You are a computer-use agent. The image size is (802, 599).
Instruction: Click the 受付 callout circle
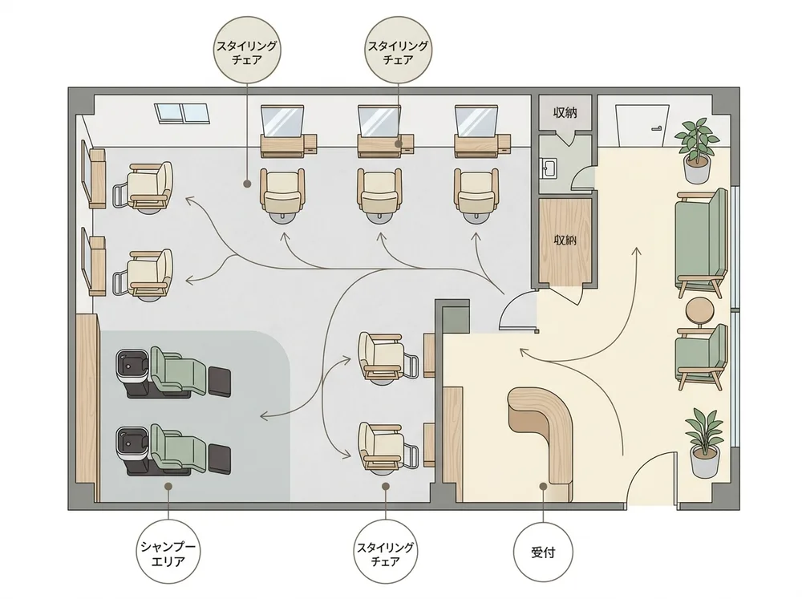point(543,552)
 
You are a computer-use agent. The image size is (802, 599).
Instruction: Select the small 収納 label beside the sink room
point(565,112)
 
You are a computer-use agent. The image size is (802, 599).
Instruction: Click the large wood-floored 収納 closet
point(565,241)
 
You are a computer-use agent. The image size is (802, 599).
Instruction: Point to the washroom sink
point(549,168)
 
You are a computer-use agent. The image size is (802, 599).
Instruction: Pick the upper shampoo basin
point(132,365)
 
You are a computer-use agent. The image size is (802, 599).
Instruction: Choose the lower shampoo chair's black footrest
point(220,458)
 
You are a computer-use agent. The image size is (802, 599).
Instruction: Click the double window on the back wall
point(183,113)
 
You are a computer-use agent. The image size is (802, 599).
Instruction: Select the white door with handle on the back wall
point(642,125)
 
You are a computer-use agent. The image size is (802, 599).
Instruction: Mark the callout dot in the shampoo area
point(168,487)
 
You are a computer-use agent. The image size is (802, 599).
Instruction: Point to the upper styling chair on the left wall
point(144,186)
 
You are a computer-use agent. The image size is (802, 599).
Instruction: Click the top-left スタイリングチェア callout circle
point(246,52)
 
